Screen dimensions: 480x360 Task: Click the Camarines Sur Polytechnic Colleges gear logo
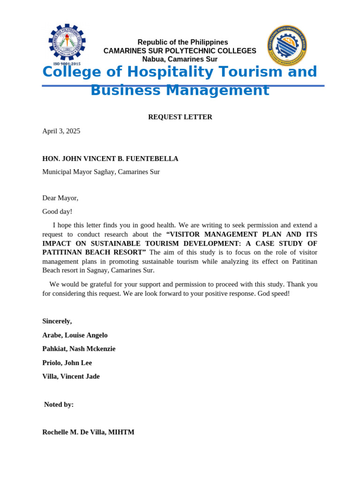67,42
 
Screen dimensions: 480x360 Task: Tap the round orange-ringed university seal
287,45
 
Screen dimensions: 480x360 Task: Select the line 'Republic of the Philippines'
182,42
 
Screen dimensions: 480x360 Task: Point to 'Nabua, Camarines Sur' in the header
180,59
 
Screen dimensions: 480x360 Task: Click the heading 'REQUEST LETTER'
180,117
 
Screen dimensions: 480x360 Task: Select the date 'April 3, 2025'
61,131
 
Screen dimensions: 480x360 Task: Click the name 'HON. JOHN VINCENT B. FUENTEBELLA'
110,158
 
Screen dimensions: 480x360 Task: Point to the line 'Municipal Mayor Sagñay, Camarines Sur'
101,172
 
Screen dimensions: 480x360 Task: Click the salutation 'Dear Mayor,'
60,198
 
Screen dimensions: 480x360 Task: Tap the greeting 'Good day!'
57,211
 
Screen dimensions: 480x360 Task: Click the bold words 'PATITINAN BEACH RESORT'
94,252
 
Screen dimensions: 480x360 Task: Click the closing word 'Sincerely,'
57,321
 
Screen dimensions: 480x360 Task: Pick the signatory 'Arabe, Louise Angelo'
75,335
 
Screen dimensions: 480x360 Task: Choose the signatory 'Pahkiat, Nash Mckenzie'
79,349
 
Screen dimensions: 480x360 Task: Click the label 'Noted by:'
59,405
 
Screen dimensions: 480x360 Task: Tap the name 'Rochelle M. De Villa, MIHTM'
88,432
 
